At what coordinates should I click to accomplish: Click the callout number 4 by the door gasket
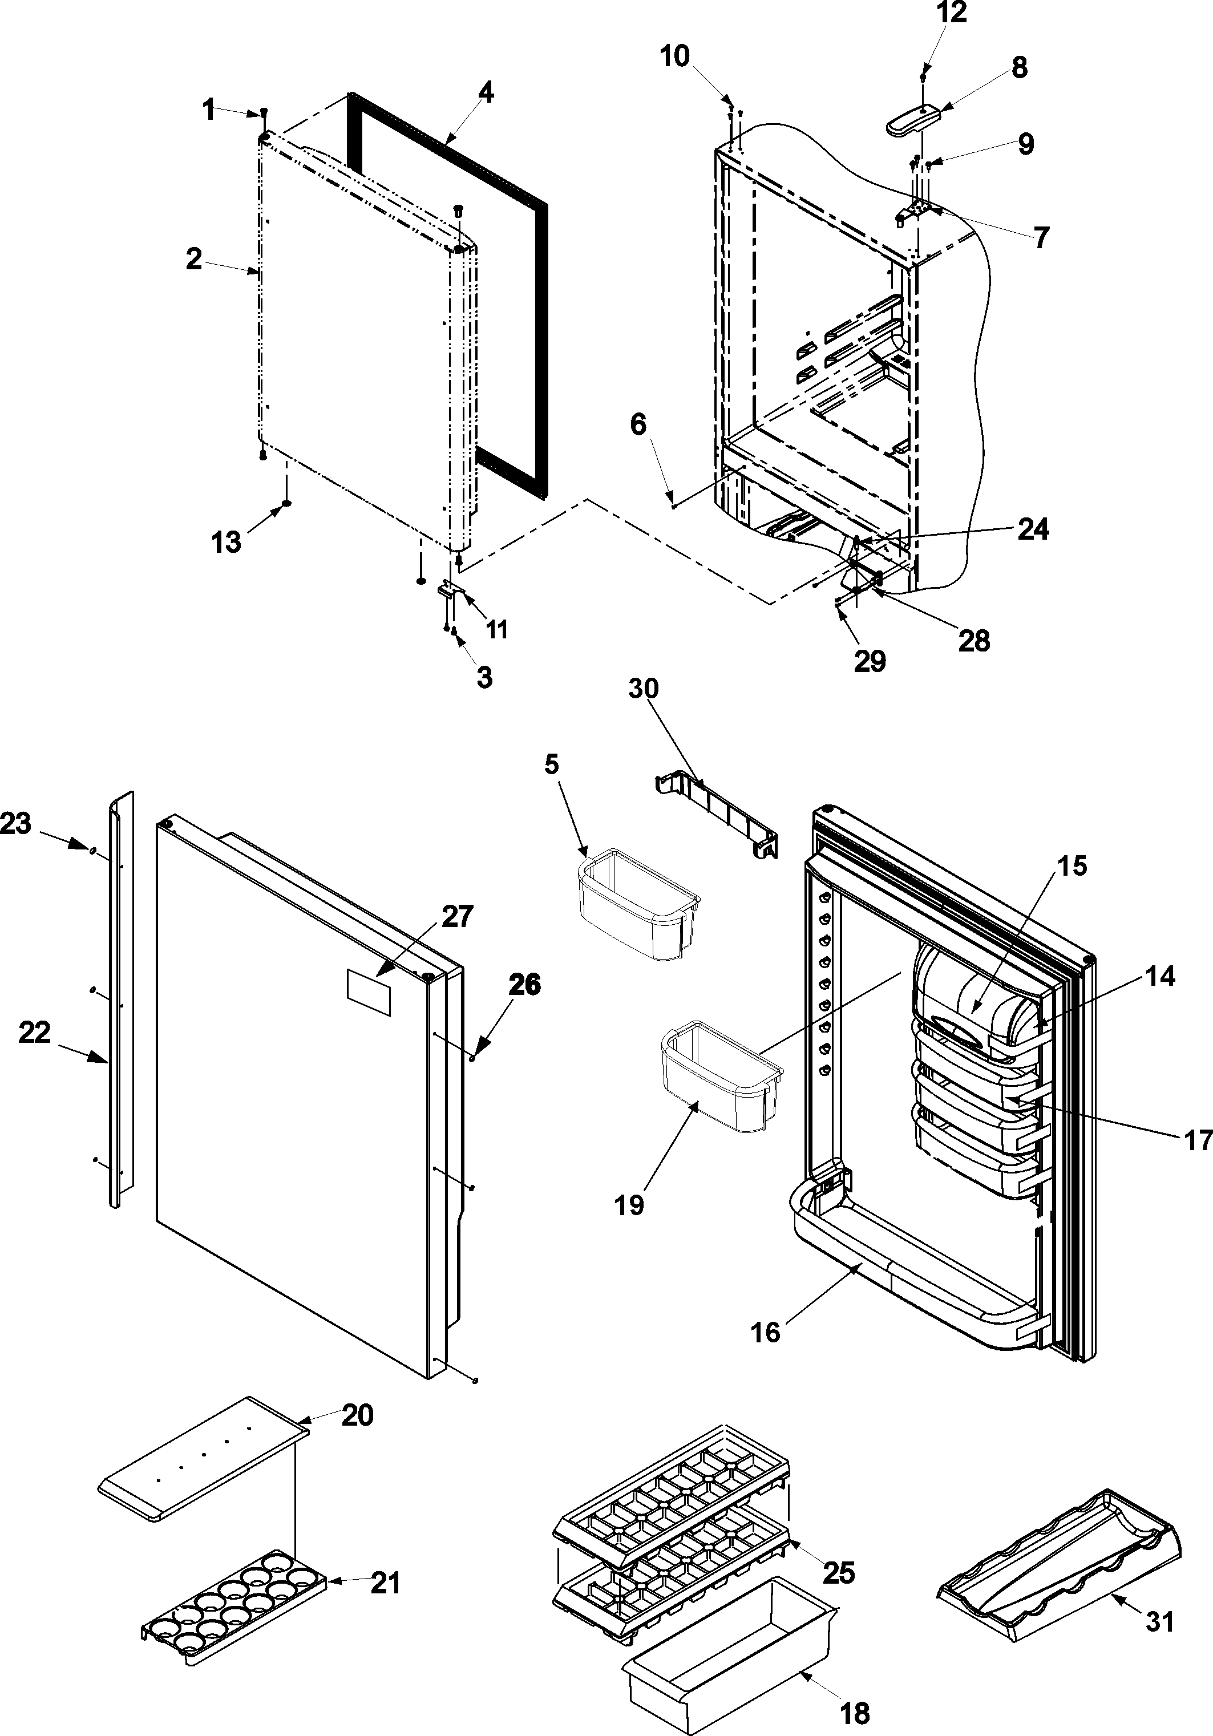(486, 92)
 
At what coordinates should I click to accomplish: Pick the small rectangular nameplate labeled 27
(368, 993)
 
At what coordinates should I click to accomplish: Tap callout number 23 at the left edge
(16, 823)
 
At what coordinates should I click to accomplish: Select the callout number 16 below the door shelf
(765, 1332)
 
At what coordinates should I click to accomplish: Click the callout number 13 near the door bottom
(225, 541)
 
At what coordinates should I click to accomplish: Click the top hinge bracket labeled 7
(913, 214)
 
